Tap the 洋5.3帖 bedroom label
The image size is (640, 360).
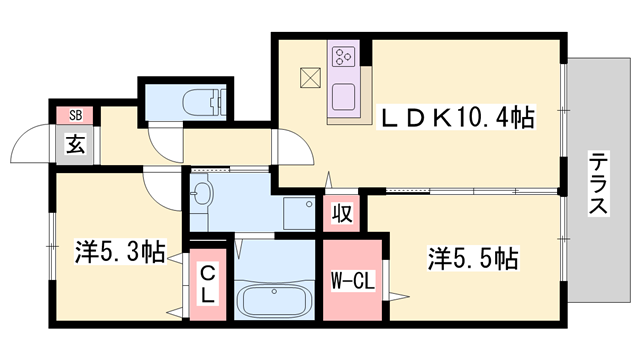click(x=119, y=252)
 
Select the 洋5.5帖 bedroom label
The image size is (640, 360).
click(x=474, y=259)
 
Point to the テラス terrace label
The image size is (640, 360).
click(x=598, y=182)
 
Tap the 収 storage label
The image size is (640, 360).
click(x=340, y=214)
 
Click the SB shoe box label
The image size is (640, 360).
click(x=75, y=114)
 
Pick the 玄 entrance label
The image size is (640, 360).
click(x=76, y=143)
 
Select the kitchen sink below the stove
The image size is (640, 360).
click(x=345, y=98)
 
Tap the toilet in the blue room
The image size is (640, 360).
click(x=200, y=101)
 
